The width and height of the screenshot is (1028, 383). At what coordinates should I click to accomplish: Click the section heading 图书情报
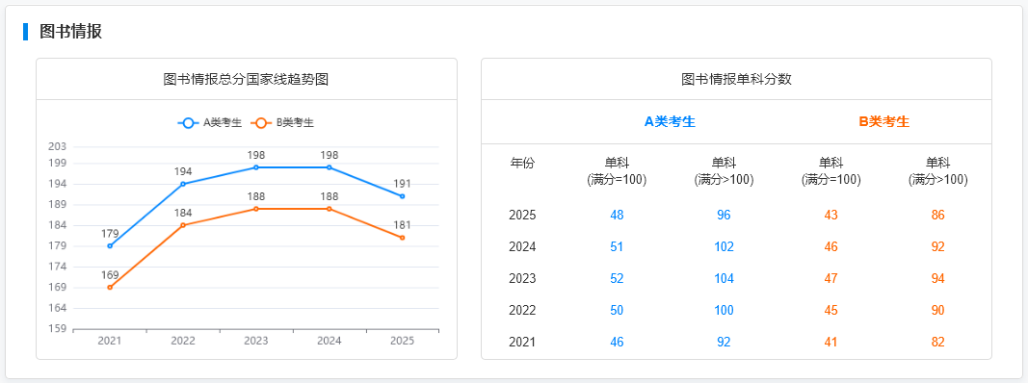[70, 32]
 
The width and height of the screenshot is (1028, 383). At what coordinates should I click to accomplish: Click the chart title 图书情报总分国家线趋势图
[247, 79]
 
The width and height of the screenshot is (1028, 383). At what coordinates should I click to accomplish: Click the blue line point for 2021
[110, 246]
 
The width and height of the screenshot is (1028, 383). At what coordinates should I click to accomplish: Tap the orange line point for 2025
[403, 238]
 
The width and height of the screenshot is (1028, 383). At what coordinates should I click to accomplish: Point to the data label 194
[183, 171]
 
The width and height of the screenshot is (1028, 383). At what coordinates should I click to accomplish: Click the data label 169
[110, 274]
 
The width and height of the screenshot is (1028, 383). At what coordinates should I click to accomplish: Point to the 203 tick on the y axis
[57, 146]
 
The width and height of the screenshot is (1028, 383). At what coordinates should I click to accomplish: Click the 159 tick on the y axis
[57, 329]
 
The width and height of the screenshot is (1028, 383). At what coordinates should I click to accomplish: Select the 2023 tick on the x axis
[256, 341]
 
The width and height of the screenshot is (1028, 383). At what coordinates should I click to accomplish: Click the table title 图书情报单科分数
[736, 79]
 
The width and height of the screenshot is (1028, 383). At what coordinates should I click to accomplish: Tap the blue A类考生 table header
[670, 121]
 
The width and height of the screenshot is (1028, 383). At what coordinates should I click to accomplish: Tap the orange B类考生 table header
[883, 121]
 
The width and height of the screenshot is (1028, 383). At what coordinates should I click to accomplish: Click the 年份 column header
[522, 163]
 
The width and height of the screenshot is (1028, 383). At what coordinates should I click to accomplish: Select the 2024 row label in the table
[522, 246]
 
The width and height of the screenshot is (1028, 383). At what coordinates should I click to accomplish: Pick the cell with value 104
[724, 278]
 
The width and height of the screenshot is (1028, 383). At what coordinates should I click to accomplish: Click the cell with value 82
[937, 342]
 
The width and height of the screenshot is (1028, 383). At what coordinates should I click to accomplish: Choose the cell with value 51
[617, 246]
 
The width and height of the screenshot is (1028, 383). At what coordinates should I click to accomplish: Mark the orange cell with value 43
[830, 215]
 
